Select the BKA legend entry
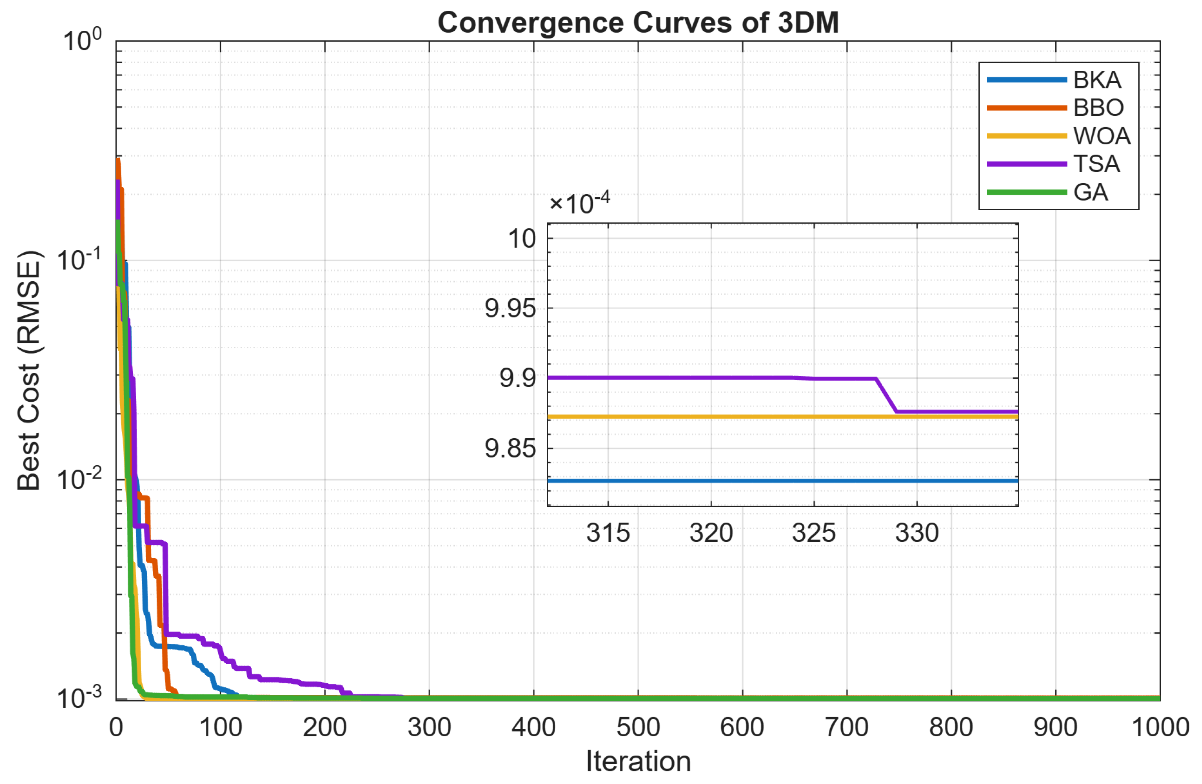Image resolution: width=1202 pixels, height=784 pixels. (1097, 80)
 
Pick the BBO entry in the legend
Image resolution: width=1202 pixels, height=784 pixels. (1098, 108)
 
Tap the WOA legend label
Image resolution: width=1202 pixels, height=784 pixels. (1101, 136)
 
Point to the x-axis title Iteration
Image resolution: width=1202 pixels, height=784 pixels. (638, 761)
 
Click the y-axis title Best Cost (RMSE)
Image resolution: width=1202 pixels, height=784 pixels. (29, 370)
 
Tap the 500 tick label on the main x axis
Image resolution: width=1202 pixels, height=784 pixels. (638, 727)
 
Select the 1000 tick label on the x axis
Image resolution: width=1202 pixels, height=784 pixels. (1159, 727)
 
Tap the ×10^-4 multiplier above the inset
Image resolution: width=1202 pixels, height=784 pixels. (579, 204)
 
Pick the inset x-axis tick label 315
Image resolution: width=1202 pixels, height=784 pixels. (608, 533)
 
